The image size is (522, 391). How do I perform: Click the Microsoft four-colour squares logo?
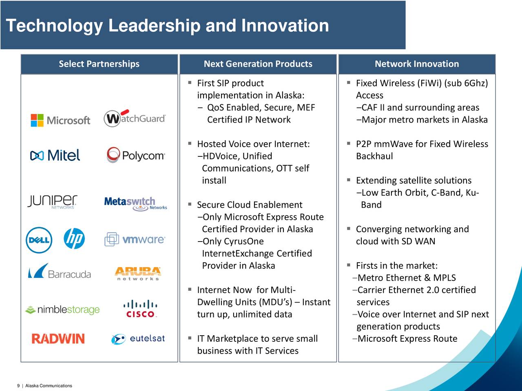coord(37,121)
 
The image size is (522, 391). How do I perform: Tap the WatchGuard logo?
coord(135,118)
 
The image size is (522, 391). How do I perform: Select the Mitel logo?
coord(55,155)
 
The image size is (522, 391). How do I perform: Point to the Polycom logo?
coord(136,155)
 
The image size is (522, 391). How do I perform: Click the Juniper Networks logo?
coord(52,202)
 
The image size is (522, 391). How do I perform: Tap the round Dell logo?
coord(39,240)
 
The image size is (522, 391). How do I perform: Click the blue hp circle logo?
coord(74,239)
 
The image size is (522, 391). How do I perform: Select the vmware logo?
coord(135,239)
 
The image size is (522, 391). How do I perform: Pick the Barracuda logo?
coord(60,271)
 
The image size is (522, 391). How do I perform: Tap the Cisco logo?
coord(140,309)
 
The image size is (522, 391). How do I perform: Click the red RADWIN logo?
coord(58,338)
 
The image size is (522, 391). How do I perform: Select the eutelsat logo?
coord(138,339)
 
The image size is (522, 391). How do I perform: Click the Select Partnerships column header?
coord(99,64)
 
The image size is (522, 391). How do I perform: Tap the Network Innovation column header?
coord(417,64)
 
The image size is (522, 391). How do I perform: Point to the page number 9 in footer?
coord(18,386)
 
